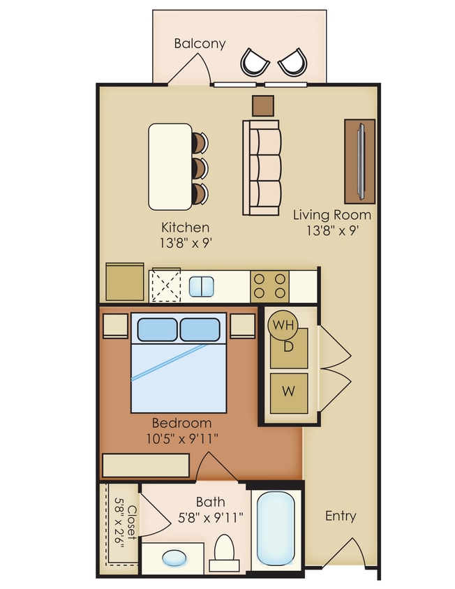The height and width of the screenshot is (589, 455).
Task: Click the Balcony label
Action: point(200,43)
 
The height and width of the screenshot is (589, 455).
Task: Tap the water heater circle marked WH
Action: point(283,325)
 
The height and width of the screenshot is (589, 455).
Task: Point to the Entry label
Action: point(341,516)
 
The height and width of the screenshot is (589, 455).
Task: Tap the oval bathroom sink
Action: point(174,558)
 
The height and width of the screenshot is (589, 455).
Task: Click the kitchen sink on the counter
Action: point(203,286)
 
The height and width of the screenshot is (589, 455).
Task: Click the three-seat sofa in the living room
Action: point(261,167)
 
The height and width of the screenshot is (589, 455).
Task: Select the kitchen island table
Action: point(170,167)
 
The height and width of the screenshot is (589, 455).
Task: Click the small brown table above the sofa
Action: point(263,105)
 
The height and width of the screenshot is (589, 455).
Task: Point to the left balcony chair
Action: point(255,61)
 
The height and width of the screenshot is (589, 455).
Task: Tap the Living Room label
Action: point(331,215)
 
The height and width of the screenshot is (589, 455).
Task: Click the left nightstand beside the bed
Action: point(114,325)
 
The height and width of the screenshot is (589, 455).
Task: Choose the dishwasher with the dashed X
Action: point(167,285)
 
